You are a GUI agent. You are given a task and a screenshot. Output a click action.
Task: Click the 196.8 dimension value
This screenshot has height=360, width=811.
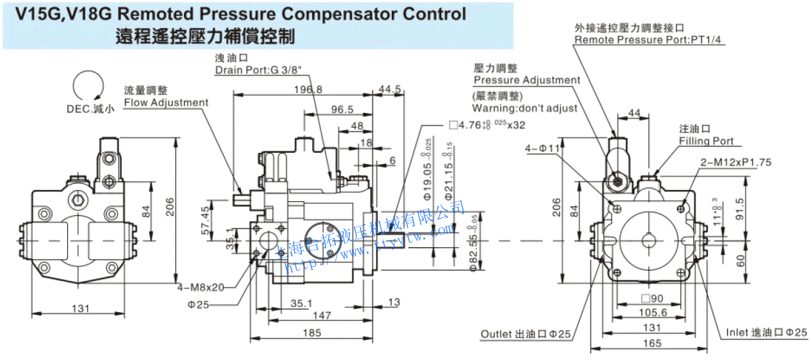click(x=308, y=90)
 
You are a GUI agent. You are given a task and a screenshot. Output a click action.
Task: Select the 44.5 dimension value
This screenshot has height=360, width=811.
click(x=389, y=90)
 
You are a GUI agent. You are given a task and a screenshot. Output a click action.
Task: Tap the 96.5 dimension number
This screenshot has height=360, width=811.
click(x=342, y=110)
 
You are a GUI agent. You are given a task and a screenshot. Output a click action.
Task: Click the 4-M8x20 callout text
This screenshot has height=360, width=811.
click(x=201, y=288)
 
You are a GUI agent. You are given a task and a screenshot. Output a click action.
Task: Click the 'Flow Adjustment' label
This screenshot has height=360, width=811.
click(x=166, y=102)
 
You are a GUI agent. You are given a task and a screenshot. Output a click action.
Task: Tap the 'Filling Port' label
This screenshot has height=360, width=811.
click(x=706, y=141)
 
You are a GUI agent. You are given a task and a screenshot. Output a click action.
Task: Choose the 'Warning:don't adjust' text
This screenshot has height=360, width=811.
click(x=525, y=108)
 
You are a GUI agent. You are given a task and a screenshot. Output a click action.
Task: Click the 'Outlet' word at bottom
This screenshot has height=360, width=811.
click(x=496, y=333)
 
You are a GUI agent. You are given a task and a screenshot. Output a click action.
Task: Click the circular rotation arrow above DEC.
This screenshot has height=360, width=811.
click(x=89, y=87)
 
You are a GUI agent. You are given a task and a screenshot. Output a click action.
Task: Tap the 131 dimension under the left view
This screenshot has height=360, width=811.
click(x=80, y=308)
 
